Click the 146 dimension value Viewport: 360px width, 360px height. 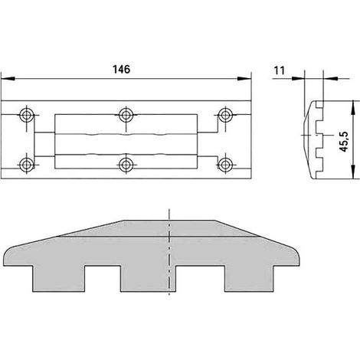121,69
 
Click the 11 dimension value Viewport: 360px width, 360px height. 279,70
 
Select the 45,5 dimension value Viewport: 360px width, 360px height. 345,142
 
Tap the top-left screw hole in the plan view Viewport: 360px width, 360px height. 26,115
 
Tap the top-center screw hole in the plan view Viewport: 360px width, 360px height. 126,115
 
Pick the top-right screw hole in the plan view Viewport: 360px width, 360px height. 225,115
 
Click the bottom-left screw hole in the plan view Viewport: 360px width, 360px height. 26,164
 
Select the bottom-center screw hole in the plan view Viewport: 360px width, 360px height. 126,164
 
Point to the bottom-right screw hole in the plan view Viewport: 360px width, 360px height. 225,164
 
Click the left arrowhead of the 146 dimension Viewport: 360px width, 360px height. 8,79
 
